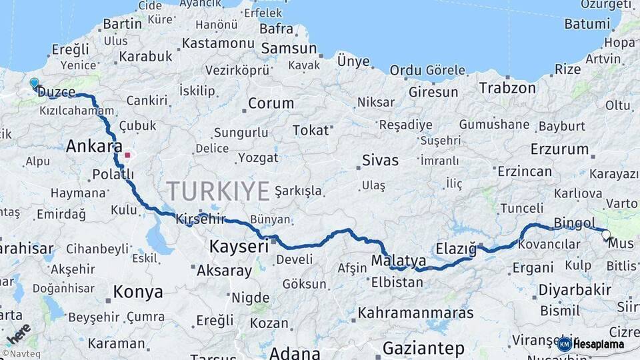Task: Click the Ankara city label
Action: pos(94,146)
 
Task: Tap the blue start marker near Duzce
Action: pos(34,83)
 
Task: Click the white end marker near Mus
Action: pos(606,235)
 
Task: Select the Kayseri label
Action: pos(239,246)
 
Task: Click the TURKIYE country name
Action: pos(218,191)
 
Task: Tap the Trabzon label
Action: pos(507,87)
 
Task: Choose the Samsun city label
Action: pos(289,49)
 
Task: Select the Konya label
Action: pos(138,292)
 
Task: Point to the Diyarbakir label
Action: pos(575,290)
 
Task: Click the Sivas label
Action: pos(380,160)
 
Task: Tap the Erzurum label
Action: pos(559,149)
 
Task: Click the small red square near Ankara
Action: pos(127,155)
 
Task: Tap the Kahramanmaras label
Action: pos(415,313)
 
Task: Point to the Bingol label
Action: pos(575,223)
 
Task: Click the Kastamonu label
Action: pos(219,43)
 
